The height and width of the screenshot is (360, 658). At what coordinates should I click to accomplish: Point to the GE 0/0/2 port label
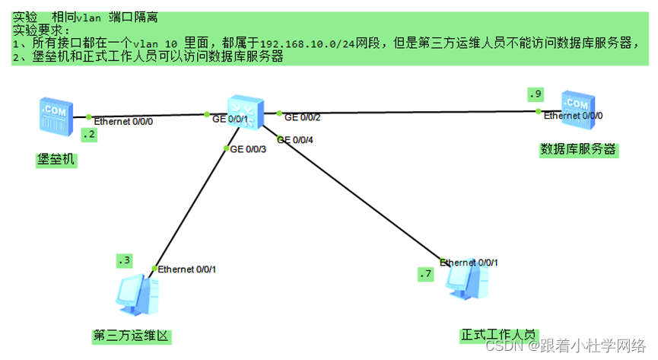pos(302,117)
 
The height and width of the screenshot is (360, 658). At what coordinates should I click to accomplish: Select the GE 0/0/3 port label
pos(248,148)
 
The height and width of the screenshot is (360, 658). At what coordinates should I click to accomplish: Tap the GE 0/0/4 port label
pos(297,139)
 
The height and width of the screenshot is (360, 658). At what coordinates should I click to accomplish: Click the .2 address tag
pos(90,135)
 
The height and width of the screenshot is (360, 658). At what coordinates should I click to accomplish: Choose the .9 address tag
pos(535,94)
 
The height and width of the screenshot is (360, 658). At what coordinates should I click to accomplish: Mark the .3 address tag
pos(124,261)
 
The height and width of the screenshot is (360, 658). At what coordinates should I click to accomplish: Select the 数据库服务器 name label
pos(577,149)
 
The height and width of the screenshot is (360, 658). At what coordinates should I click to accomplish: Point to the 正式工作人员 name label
pos(498,334)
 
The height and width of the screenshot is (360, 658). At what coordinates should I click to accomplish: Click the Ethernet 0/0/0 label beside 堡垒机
pos(123,121)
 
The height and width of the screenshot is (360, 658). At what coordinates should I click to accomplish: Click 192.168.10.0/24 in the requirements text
pos(313,43)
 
